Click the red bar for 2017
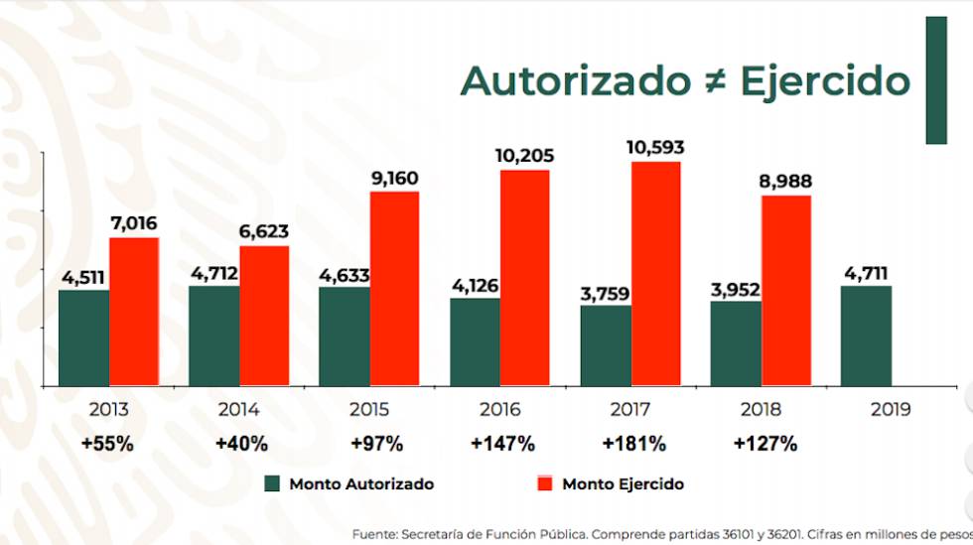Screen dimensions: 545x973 (x=655, y=273)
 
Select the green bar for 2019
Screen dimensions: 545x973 (x=866, y=336)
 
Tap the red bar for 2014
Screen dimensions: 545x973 (x=264, y=316)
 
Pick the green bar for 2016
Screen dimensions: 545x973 (x=475, y=341)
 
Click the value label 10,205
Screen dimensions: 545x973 (x=524, y=156)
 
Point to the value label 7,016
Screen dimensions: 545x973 (x=134, y=223)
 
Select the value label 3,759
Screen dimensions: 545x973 (x=606, y=292)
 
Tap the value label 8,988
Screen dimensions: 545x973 (x=785, y=181)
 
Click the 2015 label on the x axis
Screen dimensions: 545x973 (x=369, y=409)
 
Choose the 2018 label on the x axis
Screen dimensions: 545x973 (x=761, y=409)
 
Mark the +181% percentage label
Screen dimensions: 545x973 (x=633, y=444)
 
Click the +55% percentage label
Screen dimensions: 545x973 (x=108, y=444)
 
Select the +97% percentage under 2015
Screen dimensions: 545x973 (x=369, y=444)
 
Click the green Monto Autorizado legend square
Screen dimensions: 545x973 (x=273, y=484)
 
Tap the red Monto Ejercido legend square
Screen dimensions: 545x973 (x=544, y=484)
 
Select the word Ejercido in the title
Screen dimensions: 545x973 (x=825, y=81)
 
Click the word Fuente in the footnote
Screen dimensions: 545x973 (x=375, y=534)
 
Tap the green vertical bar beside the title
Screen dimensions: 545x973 (x=935, y=79)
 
